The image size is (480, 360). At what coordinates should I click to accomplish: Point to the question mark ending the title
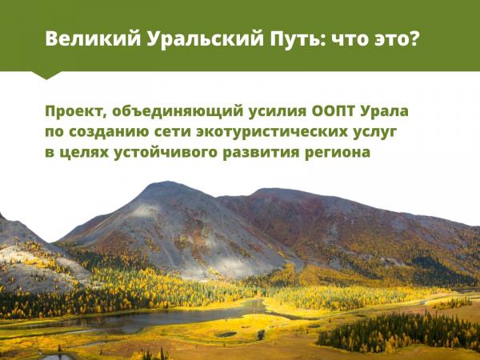(413, 38)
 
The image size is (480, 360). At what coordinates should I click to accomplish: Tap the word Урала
(384, 111)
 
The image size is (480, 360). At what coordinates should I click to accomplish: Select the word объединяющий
(178, 111)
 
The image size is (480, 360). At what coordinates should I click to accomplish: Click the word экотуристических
(272, 132)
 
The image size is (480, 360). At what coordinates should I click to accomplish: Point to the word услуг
(375, 133)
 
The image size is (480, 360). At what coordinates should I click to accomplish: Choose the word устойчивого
(165, 152)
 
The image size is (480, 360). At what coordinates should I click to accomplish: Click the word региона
(338, 153)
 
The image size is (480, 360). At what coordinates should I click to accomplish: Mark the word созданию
(109, 132)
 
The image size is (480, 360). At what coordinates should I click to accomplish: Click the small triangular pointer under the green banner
(46, 75)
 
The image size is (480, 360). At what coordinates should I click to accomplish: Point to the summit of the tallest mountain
(166, 182)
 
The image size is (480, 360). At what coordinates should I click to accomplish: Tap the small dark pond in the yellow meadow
(226, 334)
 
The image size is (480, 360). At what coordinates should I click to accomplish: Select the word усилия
(278, 112)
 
